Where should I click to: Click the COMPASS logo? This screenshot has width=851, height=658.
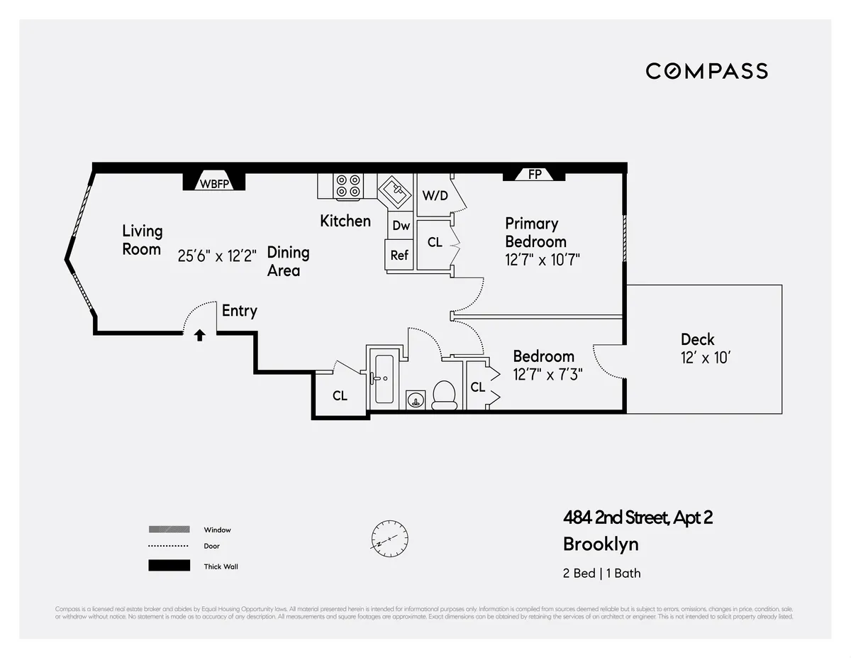tap(706, 71)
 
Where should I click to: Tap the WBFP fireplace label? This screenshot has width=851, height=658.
tap(214, 183)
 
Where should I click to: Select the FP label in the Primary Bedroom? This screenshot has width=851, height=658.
tap(535, 174)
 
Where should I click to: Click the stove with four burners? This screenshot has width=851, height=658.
tap(348, 186)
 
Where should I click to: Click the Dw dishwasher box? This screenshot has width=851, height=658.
tap(401, 226)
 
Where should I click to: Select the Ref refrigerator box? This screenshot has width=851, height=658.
tap(399, 255)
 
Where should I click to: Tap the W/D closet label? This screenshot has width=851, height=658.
tap(435, 195)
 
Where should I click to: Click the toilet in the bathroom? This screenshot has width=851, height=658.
tap(445, 395)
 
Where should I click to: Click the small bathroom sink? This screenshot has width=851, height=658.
tap(415, 400)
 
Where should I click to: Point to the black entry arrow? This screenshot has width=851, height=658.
tap(200, 335)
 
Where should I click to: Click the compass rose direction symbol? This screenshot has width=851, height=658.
tap(388, 539)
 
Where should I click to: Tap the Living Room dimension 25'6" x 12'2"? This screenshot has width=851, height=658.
tap(217, 255)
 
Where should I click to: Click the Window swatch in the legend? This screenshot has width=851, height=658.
tap(169, 530)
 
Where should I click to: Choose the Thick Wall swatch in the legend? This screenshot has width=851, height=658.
tap(169, 566)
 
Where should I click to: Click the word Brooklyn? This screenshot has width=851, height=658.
tap(600, 544)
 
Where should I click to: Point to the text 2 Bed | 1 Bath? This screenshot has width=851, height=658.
tap(601, 573)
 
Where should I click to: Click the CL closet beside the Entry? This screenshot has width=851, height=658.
tap(340, 395)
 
